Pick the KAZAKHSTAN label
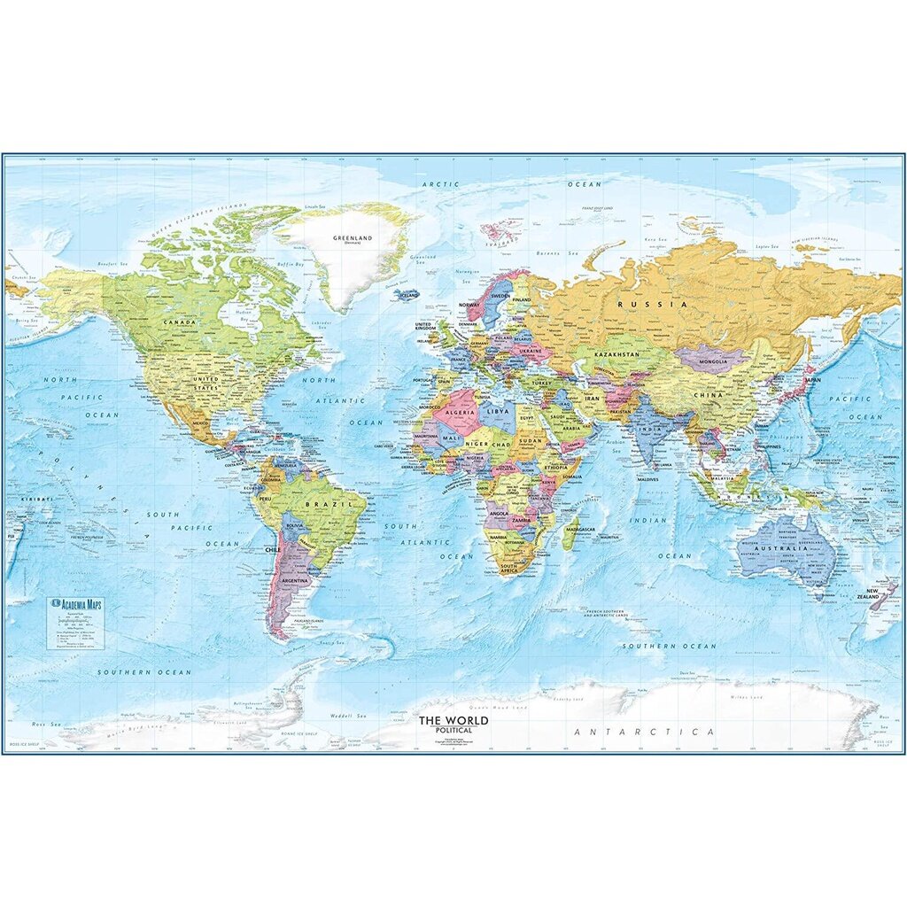coord(616,354)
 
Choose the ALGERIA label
coord(459,414)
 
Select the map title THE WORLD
coord(453,721)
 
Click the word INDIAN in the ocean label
coord(647,520)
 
